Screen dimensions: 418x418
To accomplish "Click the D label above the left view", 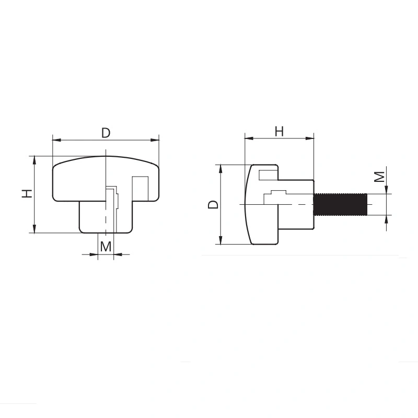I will pos(106,133).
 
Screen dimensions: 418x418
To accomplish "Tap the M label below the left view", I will pos(106,246).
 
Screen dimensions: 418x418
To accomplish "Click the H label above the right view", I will pos(280,132).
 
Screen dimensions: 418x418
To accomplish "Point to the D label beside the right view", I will pos(213,204).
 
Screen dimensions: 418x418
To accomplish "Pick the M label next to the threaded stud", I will pos(381,176).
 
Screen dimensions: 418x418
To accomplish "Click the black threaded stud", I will pos(340,204).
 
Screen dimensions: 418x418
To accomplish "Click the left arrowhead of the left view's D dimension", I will pos(56,140).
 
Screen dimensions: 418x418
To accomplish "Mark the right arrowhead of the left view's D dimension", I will pos(155,140).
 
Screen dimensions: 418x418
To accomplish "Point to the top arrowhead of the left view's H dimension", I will pos(34,159).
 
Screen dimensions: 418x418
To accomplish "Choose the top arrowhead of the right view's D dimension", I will pos(221,168).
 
